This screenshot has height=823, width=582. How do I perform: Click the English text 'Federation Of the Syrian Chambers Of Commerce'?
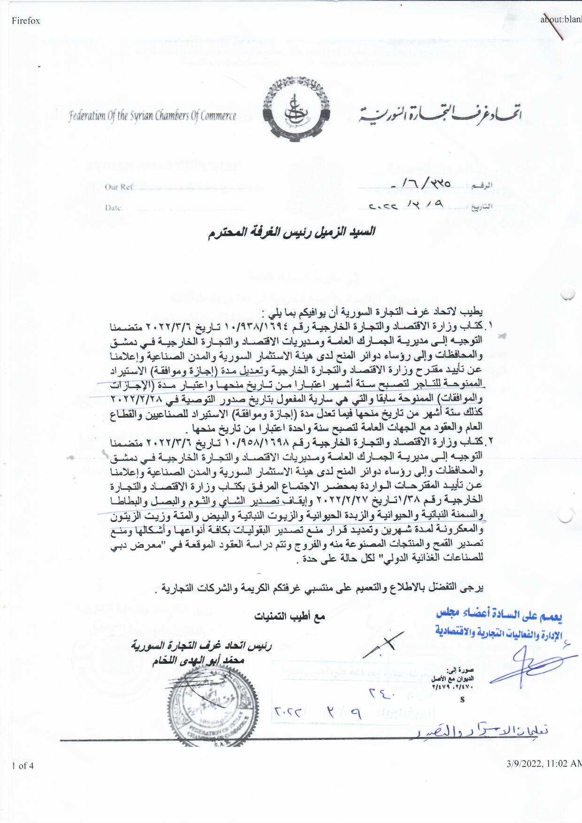point(152,116)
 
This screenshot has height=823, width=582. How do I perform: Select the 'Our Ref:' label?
point(120,187)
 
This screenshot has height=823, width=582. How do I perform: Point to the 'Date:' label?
point(114,208)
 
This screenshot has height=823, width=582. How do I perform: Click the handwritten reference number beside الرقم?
point(421,186)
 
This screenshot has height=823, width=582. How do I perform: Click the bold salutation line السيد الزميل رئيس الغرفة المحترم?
point(292,233)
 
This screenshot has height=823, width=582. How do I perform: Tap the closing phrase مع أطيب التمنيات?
point(290,617)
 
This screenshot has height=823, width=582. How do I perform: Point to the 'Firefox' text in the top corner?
point(26,21)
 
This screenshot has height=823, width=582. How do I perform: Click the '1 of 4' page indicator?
point(23,766)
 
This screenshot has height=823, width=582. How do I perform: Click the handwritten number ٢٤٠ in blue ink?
point(382,692)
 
